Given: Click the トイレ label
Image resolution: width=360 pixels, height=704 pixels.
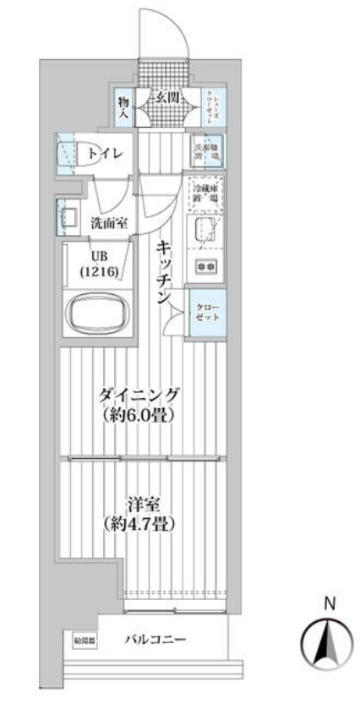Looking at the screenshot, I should click(x=106, y=153).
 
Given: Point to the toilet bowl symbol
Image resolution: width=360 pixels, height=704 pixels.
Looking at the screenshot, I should click(x=68, y=154).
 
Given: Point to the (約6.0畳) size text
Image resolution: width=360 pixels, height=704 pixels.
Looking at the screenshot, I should click(x=139, y=415).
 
